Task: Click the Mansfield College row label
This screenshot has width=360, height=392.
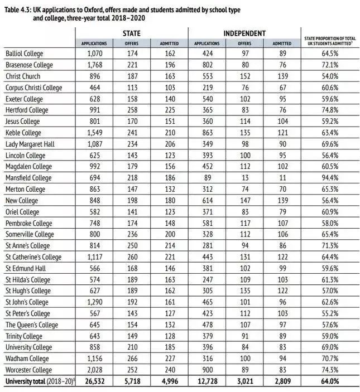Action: tap(28, 178)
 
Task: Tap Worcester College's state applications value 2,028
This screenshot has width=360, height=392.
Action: tap(94, 370)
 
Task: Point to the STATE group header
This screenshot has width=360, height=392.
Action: tap(131, 33)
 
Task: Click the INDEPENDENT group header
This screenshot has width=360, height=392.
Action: tap(244, 33)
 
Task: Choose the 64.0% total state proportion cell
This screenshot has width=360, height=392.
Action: tap(329, 381)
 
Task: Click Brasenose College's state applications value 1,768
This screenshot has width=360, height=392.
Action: tap(94, 65)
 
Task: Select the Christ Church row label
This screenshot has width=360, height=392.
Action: tap(24, 76)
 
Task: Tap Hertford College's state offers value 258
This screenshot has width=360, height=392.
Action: tap(131, 110)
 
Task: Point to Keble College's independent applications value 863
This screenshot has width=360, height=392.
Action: tap(207, 133)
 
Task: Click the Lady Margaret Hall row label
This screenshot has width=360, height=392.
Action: tap(30, 144)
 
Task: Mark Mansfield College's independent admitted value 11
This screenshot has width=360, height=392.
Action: tap(282, 178)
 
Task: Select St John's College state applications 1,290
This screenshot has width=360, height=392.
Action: tap(94, 302)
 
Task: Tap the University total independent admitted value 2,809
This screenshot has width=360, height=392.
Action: tap(281, 381)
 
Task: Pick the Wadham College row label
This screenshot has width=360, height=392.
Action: tap(27, 359)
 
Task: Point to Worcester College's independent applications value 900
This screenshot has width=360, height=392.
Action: tap(207, 370)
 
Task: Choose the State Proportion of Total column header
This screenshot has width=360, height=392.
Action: tap(329, 40)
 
